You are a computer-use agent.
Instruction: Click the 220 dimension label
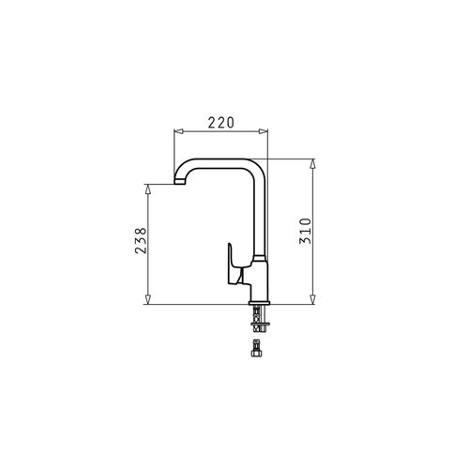click(221, 123)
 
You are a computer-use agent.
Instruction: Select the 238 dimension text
click(141, 240)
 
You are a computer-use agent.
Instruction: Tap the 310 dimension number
click(306, 231)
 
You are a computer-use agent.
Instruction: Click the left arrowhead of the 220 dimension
click(178, 131)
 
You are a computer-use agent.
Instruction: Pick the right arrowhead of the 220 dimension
click(264, 131)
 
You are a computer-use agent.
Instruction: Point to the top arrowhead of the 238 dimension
click(148, 189)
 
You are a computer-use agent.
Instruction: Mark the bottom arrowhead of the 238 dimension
click(148, 299)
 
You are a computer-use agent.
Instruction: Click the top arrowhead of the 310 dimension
click(312, 163)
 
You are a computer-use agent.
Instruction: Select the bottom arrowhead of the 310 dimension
click(312, 299)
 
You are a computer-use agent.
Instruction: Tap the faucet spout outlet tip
click(180, 182)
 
